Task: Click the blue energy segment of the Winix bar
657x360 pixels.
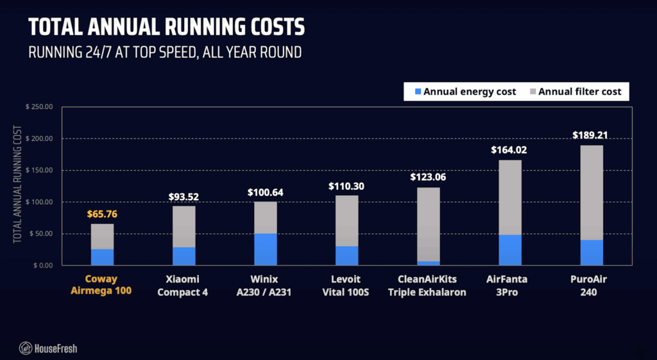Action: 265,250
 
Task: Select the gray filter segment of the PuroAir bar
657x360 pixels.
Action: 591,193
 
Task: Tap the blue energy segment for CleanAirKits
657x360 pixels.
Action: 428,263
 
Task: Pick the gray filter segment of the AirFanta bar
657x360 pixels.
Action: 510,197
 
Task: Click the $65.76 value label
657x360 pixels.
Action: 102,214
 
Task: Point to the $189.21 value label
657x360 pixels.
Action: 591,135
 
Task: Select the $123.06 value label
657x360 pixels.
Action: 428,177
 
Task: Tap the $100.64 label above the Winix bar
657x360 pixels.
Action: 265,192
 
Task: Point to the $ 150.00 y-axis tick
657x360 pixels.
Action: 39,171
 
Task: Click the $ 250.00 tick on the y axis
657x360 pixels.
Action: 39,107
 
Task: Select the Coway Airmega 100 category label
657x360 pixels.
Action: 102,286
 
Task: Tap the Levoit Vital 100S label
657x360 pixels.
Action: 346,286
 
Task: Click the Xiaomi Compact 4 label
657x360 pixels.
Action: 183,286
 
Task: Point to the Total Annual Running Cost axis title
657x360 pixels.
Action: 17,186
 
